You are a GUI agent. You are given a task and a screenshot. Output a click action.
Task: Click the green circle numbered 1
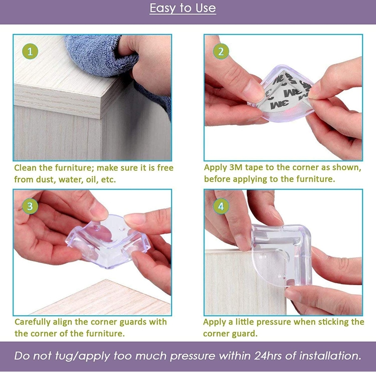tap(30, 52)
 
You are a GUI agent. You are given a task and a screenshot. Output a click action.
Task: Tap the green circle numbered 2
tap(221, 52)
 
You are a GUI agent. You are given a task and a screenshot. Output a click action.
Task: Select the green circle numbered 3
tap(30, 206)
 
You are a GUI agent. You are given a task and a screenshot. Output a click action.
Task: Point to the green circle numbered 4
tap(221, 206)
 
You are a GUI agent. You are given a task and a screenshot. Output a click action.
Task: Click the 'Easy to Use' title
tap(183, 8)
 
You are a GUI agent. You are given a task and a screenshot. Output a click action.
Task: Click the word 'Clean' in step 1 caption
tap(25, 168)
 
